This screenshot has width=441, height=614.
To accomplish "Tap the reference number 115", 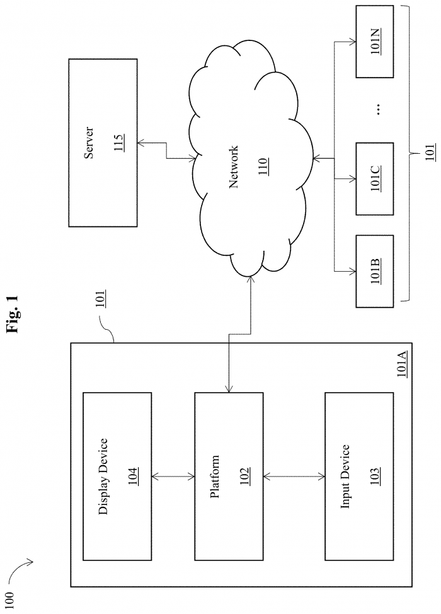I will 118,142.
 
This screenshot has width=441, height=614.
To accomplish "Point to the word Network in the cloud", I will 233,171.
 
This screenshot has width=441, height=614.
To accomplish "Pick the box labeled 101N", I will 374,42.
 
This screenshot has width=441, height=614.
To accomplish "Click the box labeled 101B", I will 374,270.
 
